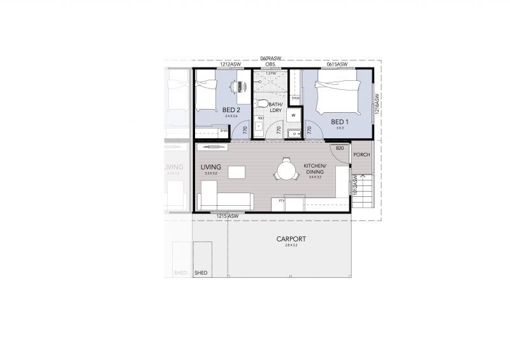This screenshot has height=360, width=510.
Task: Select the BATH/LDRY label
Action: [x=276, y=107]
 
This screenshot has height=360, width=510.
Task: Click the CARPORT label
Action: [x=291, y=240]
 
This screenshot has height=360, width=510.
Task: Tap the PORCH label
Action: [x=361, y=154]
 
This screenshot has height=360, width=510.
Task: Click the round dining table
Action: [x=286, y=171]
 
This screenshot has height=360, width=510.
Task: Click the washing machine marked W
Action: [x=293, y=115]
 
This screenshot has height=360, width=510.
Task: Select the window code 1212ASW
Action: [x=229, y=64]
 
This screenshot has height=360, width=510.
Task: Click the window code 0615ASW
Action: [x=337, y=64]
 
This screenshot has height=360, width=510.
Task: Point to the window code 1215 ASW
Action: [x=227, y=216]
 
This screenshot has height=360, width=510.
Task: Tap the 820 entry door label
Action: [x=339, y=148]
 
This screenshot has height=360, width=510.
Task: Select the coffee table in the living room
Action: [x=237, y=172]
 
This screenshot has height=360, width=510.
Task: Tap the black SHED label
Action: [x=200, y=273]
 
